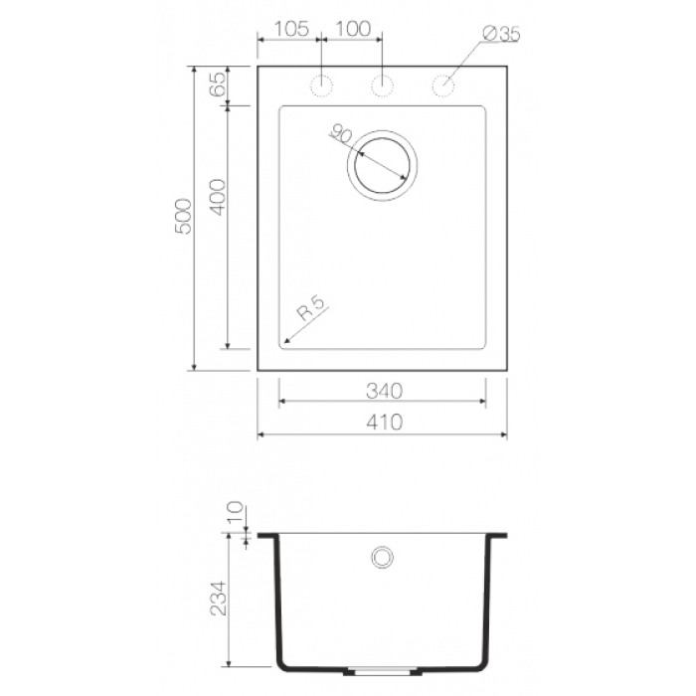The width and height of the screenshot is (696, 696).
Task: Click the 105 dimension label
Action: click(x=291, y=29)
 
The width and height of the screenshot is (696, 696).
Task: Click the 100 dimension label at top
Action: click(x=353, y=29)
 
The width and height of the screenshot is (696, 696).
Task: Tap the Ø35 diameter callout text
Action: click(x=501, y=34)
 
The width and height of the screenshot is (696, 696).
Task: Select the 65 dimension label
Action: click(x=218, y=85)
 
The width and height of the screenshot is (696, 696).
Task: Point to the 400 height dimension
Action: click(x=218, y=197)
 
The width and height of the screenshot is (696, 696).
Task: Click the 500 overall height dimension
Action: click(x=183, y=216)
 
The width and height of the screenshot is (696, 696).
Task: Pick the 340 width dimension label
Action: click(x=385, y=391)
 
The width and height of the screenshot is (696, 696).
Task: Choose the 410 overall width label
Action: click(x=385, y=423)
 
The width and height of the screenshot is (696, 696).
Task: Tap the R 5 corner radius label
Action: click(x=311, y=308)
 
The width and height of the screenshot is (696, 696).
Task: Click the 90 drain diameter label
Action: click(x=341, y=133)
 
